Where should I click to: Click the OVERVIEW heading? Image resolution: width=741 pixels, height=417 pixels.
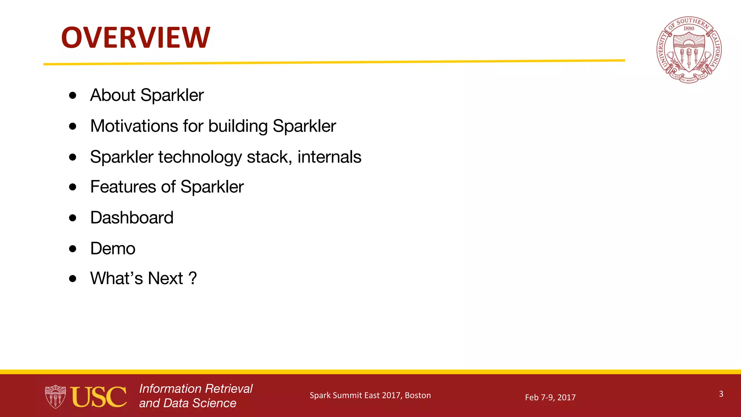[x=135, y=38]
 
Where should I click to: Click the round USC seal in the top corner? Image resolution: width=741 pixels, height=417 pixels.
[x=689, y=50]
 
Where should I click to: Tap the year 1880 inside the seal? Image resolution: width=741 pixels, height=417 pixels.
[x=689, y=29]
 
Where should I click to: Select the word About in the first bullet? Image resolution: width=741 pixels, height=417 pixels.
[x=113, y=95]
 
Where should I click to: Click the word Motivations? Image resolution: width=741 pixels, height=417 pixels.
[x=134, y=126]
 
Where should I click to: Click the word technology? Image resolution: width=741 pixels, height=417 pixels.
[x=200, y=157]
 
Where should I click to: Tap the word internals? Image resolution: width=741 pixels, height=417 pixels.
[x=329, y=157]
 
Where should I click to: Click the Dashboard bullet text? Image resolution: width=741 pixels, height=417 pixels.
[x=132, y=218]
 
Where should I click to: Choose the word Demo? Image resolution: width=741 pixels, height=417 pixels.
[x=113, y=249]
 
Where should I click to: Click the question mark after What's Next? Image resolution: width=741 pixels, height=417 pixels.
[x=193, y=278]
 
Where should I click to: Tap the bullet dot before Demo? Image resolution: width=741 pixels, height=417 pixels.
[x=73, y=249]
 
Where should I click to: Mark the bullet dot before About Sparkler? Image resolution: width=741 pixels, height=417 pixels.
[x=73, y=95]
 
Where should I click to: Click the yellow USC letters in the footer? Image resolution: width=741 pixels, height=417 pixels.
[x=98, y=397]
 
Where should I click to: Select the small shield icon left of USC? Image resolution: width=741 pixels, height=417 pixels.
[x=55, y=397]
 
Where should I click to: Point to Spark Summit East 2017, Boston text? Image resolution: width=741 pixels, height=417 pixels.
[x=370, y=395]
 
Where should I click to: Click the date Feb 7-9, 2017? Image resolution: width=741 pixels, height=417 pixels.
[x=550, y=397]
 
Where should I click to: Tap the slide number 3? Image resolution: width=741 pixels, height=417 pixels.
[x=721, y=394]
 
